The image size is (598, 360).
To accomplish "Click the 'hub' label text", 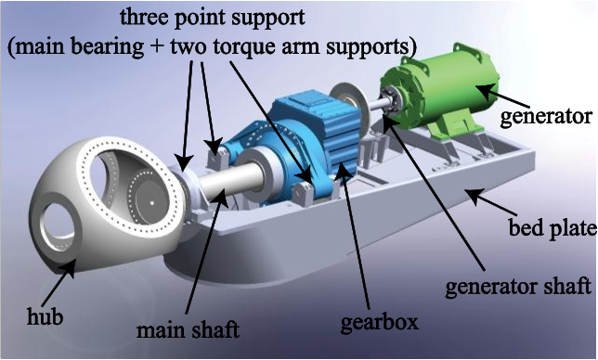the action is pyautogui.click(x=45, y=316).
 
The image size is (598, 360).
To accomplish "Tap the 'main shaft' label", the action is pyautogui.click(x=188, y=330).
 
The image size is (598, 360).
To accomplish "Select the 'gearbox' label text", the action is pyautogui.click(x=380, y=322).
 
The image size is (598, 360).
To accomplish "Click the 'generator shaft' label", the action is pyautogui.click(x=518, y=287).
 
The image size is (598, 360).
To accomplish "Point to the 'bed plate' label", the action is pyautogui.click(x=552, y=228).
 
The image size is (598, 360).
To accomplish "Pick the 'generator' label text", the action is pyautogui.click(x=546, y=116).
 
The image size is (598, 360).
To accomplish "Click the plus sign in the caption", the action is pyautogui.click(x=157, y=47).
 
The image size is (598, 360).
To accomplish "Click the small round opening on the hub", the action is pyautogui.click(x=58, y=225).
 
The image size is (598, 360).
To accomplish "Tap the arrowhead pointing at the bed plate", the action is pyautogui.click(x=474, y=196).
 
